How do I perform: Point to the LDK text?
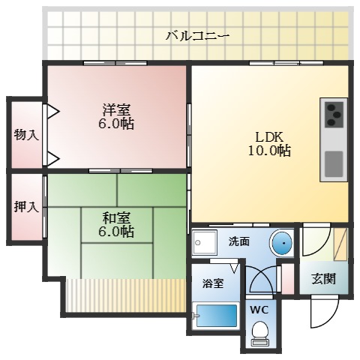[271, 137]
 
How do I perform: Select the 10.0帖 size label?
[271, 151]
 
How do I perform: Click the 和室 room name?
[116, 218]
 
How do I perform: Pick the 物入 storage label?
[25, 135]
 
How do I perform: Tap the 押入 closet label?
[25, 206]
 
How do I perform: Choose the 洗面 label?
[239, 241]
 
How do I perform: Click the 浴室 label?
[213, 283]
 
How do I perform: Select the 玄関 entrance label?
[323, 280]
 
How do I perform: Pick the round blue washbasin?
[281, 243]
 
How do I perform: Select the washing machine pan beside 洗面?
[205, 242]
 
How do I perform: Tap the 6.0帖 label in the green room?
[116, 232]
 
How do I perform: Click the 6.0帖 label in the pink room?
[116, 124]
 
